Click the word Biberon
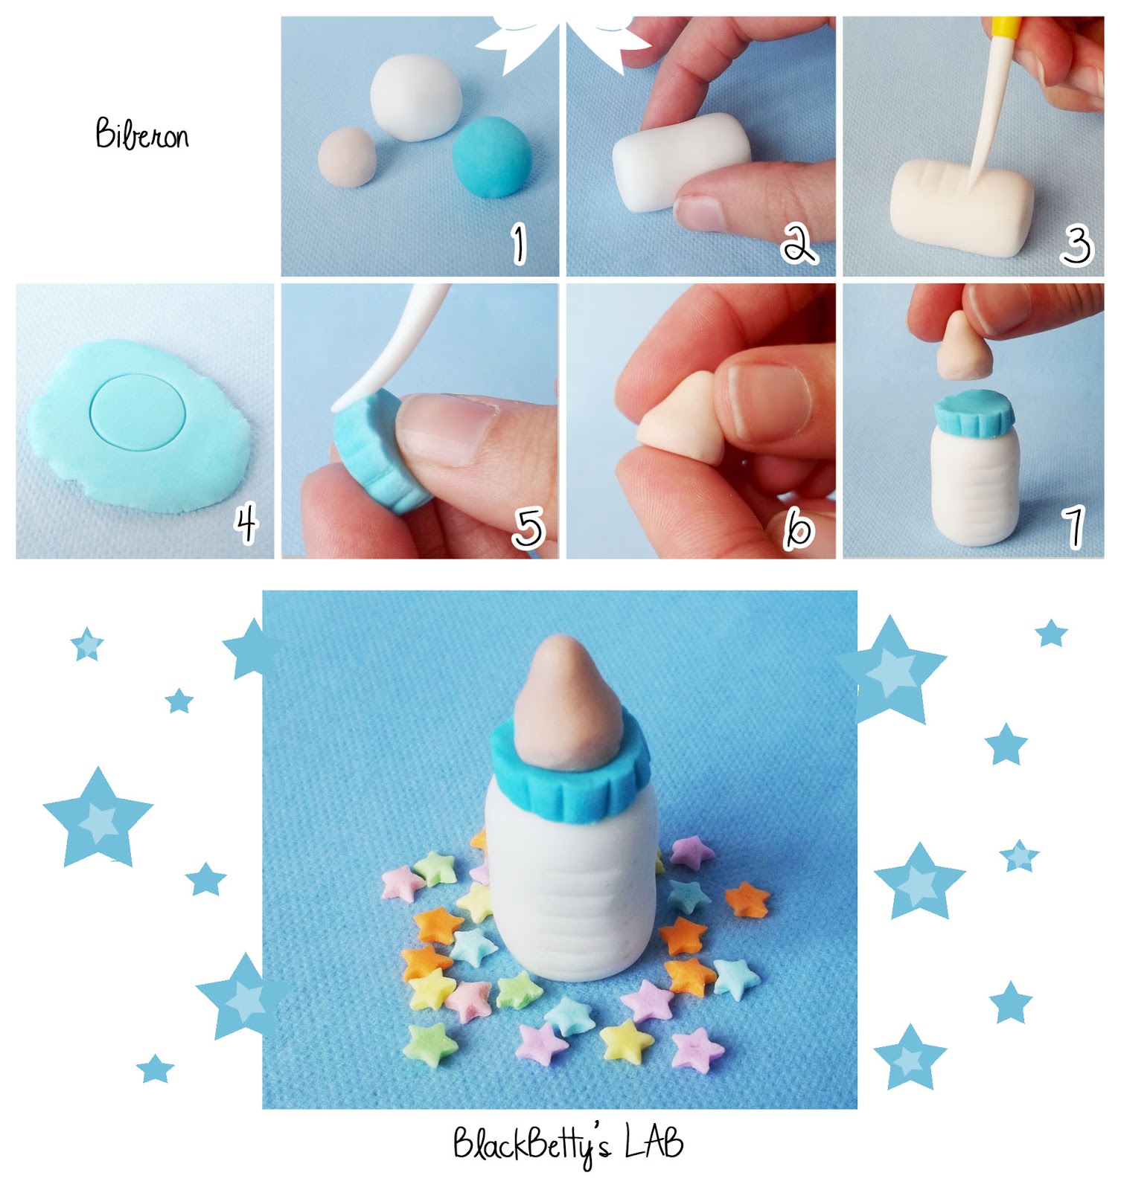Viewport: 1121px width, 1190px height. click(x=141, y=135)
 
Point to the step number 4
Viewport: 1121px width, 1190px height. click(x=246, y=524)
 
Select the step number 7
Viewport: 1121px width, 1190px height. click(x=1075, y=527)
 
